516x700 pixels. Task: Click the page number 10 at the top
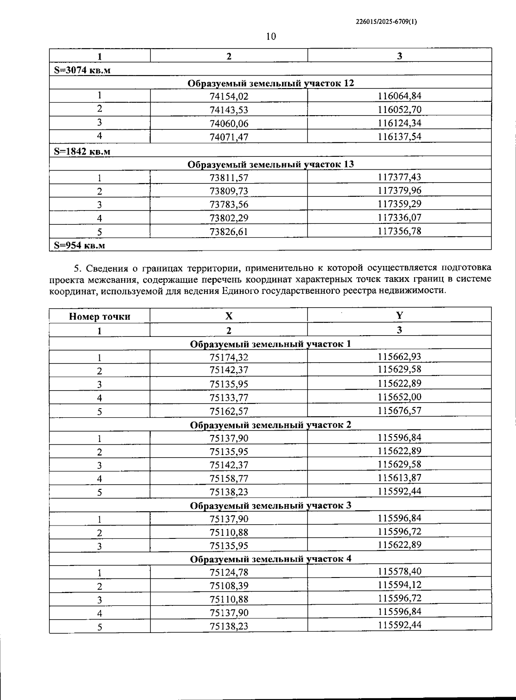[271, 37]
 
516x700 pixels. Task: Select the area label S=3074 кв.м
[82, 70]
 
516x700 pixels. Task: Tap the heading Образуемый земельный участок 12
[270, 83]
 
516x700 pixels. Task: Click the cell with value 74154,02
[229, 96]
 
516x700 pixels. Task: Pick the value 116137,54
[399, 137]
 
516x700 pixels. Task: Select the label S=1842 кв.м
[82, 151]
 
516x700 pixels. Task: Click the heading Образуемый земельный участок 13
[270, 164]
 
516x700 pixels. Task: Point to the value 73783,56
[229, 205]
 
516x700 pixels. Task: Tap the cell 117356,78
[399, 231]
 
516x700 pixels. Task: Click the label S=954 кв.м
[80, 245]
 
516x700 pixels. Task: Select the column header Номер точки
[99, 317]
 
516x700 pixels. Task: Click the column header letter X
[229, 316]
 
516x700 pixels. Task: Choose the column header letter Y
[399, 316]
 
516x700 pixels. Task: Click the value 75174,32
[229, 357]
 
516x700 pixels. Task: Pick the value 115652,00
[399, 397]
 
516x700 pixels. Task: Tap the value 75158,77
[229, 478]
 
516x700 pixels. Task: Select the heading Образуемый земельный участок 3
[270, 505]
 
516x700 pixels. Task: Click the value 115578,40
[399, 571]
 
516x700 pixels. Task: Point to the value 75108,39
[229, 586]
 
